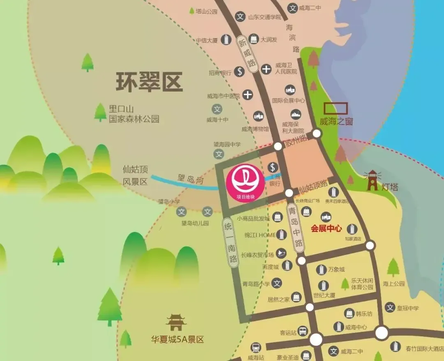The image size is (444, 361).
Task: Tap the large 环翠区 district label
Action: coord(149,82)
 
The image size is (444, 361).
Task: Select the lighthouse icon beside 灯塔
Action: coord(372,180)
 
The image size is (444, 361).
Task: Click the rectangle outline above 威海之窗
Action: coord(335,108)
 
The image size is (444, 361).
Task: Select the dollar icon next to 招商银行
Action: coord(240,71)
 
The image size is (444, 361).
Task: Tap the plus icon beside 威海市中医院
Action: coord(247,95)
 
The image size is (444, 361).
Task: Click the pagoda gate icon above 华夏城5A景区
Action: coord(176,322)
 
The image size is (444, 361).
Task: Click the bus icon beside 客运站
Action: coord(303,331)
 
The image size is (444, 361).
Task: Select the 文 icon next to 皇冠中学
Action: coord(390,307)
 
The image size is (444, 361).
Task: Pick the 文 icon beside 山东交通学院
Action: coord(240,17)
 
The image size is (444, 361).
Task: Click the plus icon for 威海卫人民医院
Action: coord(266,69)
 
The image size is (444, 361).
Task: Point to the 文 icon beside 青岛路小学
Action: coord(277,283)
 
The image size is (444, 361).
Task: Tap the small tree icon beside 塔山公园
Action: coord(192,11)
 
